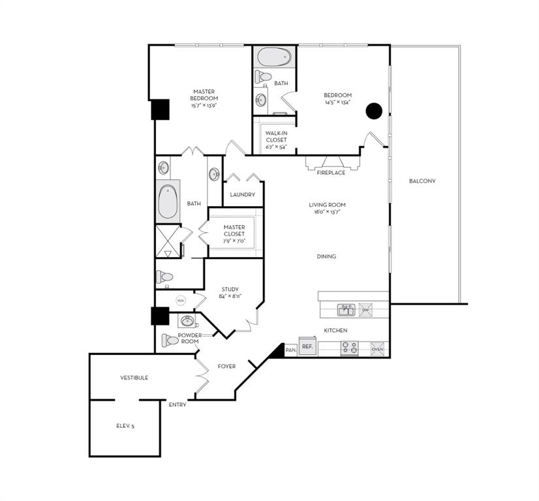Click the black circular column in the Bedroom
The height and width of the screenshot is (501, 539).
point(373,111)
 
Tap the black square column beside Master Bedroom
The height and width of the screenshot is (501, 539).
point(160,109)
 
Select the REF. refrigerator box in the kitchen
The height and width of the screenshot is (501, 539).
point(307,347)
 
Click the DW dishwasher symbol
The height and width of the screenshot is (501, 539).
point(366,310)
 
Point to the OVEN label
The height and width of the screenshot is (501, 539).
point(378,349)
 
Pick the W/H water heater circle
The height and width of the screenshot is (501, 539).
point(181,301)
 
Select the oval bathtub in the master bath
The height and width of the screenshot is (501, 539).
point(168,202)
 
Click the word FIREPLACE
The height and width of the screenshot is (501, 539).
point(331,173)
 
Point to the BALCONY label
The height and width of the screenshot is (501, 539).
point(422,181)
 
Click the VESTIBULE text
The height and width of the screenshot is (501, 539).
point(134,378)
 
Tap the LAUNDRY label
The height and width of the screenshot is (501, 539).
point(242,195)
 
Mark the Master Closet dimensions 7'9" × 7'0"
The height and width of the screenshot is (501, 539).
point(234,241)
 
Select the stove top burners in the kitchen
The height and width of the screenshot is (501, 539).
point(349,349)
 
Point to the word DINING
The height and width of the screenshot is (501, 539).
point(326,256)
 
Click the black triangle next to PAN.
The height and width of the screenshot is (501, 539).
point(278,352)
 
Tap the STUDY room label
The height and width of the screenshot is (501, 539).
point(230,289)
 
